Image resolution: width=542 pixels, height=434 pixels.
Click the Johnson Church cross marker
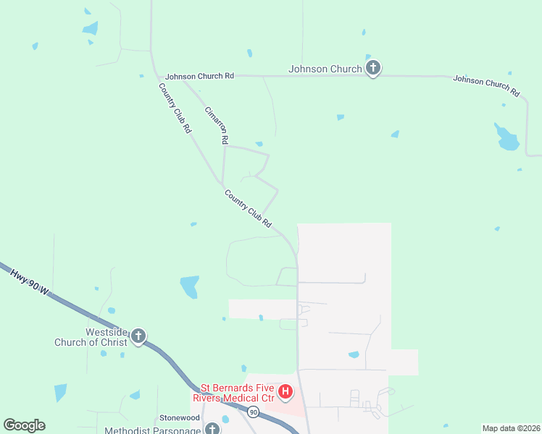(373, 69)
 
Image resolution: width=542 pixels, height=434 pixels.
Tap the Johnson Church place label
(325, 69)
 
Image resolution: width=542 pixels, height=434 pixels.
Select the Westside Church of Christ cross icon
(138, 336)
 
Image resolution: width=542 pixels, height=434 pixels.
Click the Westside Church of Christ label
(91, 337)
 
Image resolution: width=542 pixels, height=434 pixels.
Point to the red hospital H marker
(285, 392)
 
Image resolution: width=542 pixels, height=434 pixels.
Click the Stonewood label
(180, 418)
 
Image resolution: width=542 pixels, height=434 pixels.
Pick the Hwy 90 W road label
(30, 281)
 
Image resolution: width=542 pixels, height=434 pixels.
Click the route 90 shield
(253, 412)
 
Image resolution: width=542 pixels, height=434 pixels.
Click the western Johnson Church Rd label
(199, 76)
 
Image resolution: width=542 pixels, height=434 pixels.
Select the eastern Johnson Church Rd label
(486, 86)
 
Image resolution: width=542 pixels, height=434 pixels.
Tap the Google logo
(24, 425)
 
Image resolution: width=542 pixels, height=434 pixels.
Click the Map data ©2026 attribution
(510, 428)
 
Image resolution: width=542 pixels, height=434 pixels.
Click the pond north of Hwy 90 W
(189, 286)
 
